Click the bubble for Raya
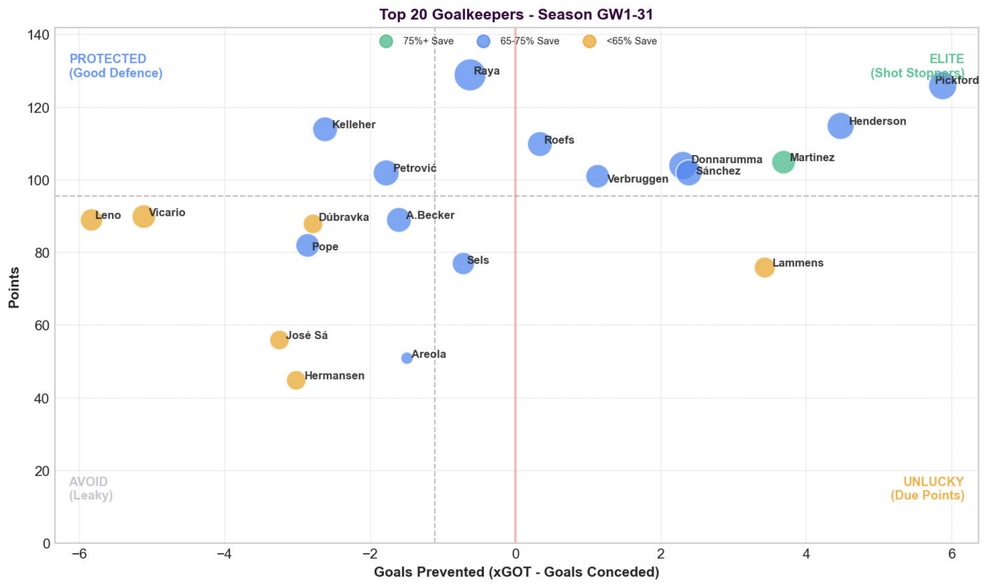pyautogui.click(x=469, y=75)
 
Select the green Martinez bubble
pyautogui.click(x=783, y=162)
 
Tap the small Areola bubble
pyautogui.click(x=406, y=358)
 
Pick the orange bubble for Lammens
pyautogui.click(x=764, y=268)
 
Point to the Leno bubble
pyautogui.click(x=91, y=220)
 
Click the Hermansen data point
pyautogui.click(x=296, y=380)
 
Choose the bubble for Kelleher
pyautogui.click(x=325, y=129)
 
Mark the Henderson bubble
pyautogui.click(x=840, y=126)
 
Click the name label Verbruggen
pyautogui.click(x=638, y=179)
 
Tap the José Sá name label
pyautogui.click(x=307, y=335)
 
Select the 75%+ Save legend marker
pyautogui.click(x=386, y=41)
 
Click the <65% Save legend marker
pyautogui.click(x=590, y=41)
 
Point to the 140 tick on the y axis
pyautogui.click(x=39, y=35)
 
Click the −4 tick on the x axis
pyautogui.click(x=224, y=554)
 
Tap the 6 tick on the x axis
pyautogui.click(x=951, y=554)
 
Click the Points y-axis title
pyautogui.click(x=14, y=287)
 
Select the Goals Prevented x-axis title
pyautogui.click(x=516, y=572)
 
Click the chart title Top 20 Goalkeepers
pyautogui.click(x=516, y=14)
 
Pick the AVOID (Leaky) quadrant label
pyautogui.click(x=91, y=488)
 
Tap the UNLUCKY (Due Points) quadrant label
pyautogui.click(x=927, y=488)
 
